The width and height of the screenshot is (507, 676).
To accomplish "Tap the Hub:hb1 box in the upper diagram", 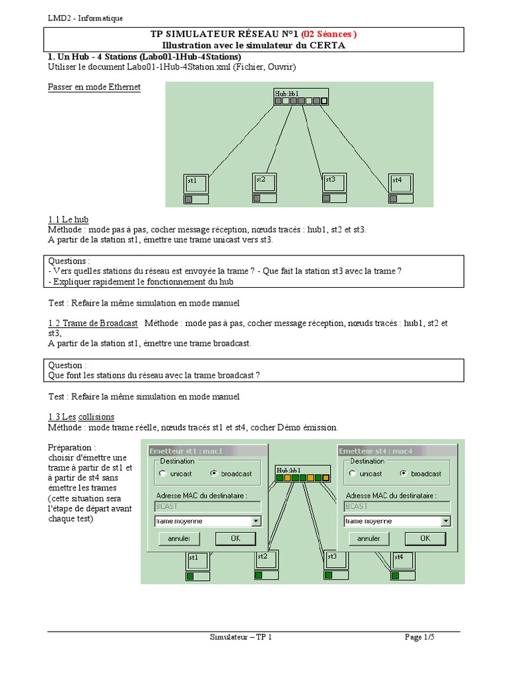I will point(301,97).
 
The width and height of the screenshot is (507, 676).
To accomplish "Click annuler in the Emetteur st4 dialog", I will point(368,539).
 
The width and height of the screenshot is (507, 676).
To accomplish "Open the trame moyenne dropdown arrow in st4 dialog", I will point(446,521).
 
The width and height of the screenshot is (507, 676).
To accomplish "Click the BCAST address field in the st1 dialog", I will point(207,506).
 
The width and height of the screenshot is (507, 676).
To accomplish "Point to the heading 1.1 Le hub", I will point(68,219).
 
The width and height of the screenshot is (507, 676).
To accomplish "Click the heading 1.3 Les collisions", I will point(81,417).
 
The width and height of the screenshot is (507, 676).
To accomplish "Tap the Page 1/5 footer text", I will point(420,637).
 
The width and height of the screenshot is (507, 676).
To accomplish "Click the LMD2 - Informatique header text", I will point(85,18).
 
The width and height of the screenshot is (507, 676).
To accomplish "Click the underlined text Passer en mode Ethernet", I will point(94,87).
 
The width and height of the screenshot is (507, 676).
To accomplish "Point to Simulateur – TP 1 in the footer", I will point(240,637).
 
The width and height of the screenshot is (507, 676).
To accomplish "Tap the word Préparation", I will point(72,447).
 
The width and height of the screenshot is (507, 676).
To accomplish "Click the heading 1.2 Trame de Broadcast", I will point(93,323).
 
